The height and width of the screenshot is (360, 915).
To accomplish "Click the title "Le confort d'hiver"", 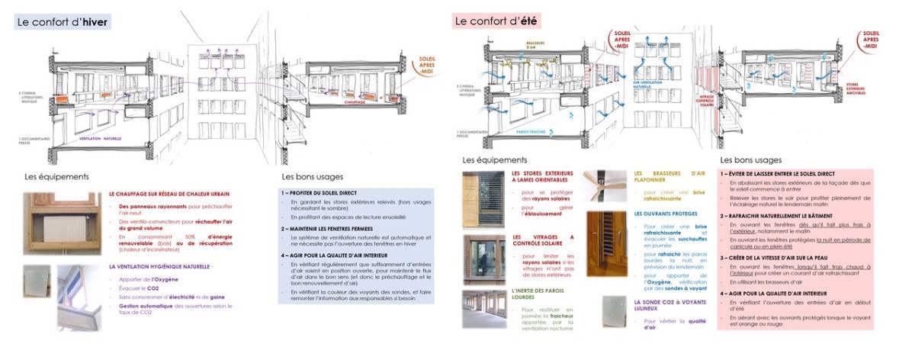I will click(x=63, y=21).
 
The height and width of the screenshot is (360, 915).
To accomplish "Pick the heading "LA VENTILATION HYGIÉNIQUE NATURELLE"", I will click(x=159, y=267).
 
